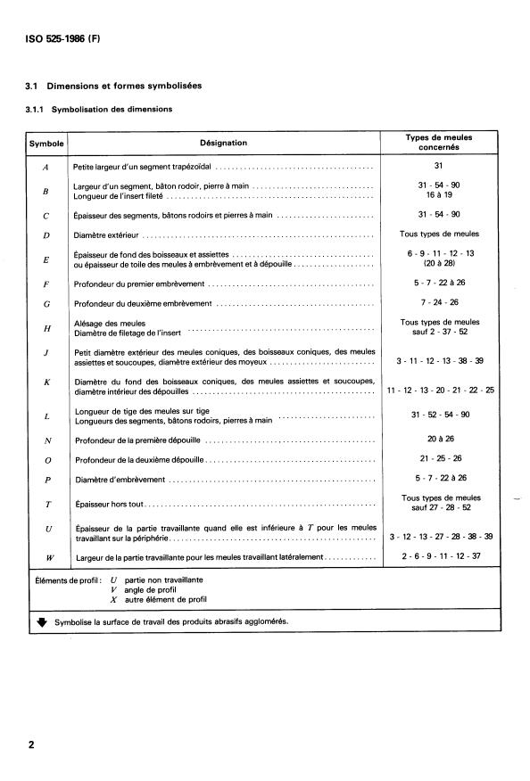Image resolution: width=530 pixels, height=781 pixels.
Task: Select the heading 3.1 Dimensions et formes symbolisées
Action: click(x=113, y=86)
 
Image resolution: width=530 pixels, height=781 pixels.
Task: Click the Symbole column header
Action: click(x=46, y=143)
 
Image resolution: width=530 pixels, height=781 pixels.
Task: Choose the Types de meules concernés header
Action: click(x=439, y=143)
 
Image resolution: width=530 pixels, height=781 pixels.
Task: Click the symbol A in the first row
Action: click(x=46, y=167)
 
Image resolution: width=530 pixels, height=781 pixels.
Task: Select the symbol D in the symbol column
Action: click(x=46, y=235)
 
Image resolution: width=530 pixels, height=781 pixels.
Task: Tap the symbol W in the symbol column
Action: click(x=46, y=557)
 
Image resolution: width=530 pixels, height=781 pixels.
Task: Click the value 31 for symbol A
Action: click(x=438, y=166)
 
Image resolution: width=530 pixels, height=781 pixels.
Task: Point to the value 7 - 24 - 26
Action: click(x=438, y=303)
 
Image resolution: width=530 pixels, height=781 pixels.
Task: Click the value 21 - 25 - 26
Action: click(x=438, y=458)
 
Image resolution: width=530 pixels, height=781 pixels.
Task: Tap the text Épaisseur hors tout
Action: click(x=106, y=504)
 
